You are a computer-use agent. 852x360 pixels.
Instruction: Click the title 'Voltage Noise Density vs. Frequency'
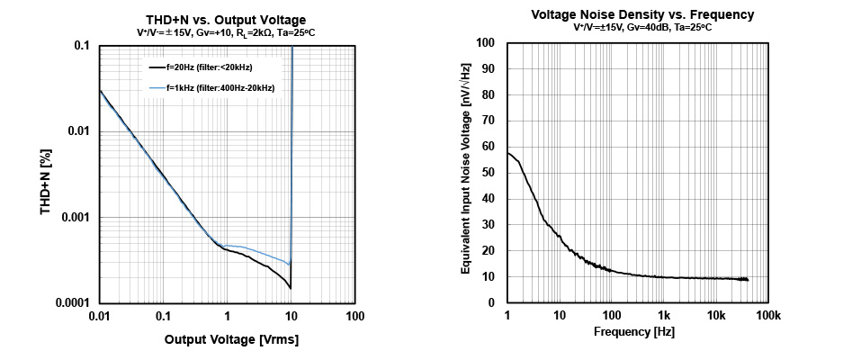click(642, 14)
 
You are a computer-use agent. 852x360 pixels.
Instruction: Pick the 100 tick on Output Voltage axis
click(355, 317)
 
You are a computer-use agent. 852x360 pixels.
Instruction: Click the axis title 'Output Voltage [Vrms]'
click(230, 340)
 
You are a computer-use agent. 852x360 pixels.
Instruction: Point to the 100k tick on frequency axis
click(767, 316)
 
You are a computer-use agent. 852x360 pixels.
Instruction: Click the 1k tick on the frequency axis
click(664, 316)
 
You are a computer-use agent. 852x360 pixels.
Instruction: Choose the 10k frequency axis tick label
click(716, 316)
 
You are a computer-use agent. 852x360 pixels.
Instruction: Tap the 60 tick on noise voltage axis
click(489, 147)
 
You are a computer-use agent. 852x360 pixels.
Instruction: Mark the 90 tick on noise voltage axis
click(489, 68)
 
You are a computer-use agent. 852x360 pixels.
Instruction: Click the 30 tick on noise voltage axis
click(489, 225)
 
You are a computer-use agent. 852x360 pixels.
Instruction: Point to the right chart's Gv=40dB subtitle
click(642, 27)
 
